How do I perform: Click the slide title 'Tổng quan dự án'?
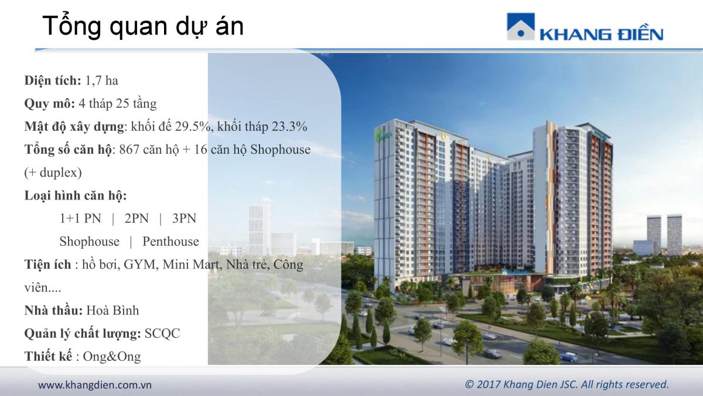pos(143,26)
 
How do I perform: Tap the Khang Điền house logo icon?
pos(521,26)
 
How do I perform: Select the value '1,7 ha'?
pos(102,81)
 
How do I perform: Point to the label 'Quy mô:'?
pos(50,104)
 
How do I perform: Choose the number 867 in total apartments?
pos(129,150)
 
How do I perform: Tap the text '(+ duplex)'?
pos(53,172)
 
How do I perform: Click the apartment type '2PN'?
pos(136,218)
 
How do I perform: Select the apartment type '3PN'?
pos(184,218)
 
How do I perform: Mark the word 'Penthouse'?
pos(170,241)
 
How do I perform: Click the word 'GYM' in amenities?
pos(139,265)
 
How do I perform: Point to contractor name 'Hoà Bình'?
pos(112,310)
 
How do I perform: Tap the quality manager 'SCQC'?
pos(162,333)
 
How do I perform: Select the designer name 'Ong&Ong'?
pos(112,357)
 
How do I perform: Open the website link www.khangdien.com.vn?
pos(95,385)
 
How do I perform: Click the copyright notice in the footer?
pos(567,384)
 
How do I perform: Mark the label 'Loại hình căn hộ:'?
pos(76,195)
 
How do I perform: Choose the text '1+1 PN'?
pos(81,218)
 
